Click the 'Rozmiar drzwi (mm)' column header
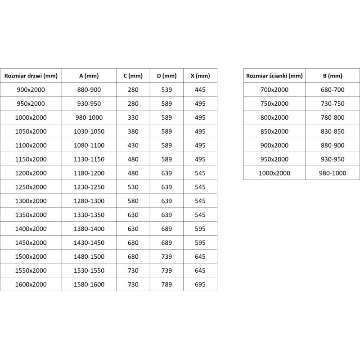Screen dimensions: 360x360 (31, 76)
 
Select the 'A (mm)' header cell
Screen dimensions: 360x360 (89, 76)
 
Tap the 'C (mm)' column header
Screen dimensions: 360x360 (133, 76)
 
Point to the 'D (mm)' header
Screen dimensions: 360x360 (166, 76)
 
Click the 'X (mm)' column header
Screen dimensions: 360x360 (200, 76)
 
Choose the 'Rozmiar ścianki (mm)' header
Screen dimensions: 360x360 (274, 76)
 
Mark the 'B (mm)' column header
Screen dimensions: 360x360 (333, 76)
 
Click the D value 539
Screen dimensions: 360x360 (166, 90)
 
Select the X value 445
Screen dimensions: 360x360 (200, 90)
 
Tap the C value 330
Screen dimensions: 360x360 (133, 117)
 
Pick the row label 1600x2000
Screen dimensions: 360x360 (31, 284)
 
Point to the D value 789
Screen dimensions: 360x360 (166, 284)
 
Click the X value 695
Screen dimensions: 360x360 (200, 284)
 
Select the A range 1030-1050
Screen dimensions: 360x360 (89, 131)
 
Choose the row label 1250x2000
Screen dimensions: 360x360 (31, 187)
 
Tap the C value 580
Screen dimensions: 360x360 (133, 201)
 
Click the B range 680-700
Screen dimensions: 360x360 (333, 90)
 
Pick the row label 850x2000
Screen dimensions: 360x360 (274, 131)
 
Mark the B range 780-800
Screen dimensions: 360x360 (333, 117)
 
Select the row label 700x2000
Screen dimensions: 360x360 (274, 90)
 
